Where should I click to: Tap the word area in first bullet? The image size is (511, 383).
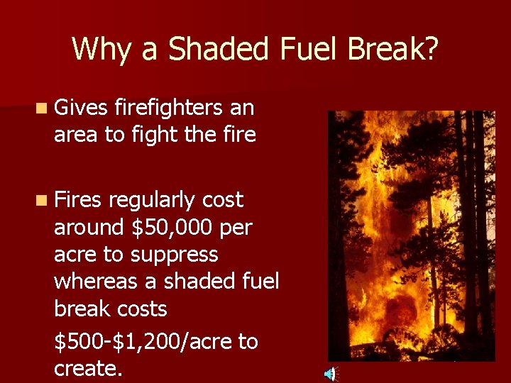(76, 134)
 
